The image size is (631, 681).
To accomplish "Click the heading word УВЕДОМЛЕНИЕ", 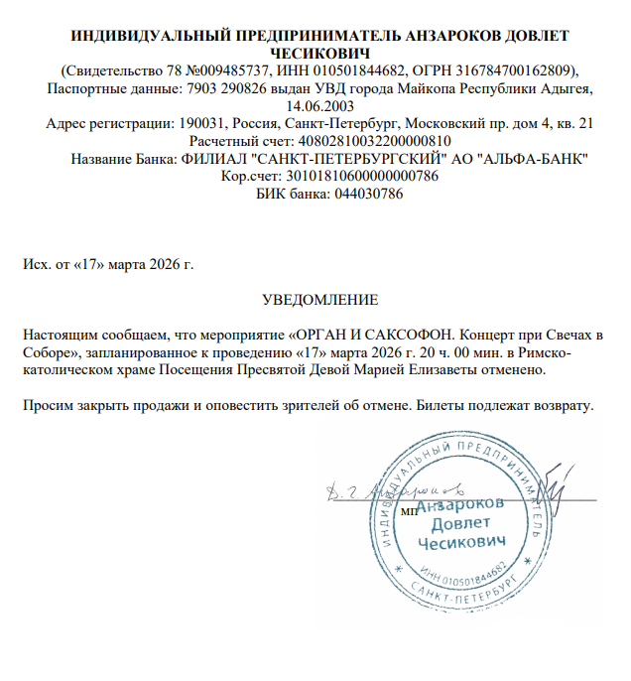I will click(x=319, y=298).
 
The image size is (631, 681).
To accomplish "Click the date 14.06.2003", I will click(x=319, y=105).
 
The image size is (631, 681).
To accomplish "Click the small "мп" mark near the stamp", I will click(x=407, y=510).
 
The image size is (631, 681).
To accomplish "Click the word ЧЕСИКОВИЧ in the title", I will click(x=319, y=53).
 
